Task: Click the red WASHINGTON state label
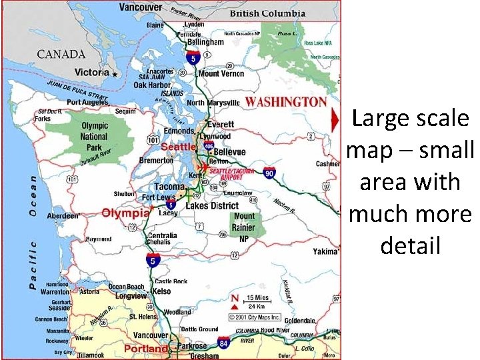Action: [285, 102]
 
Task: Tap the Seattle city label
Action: [178, 147]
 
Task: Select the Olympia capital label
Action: [125, 213]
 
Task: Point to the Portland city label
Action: [145, 349]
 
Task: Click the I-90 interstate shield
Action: [269, 173]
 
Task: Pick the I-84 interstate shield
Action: [224, 343]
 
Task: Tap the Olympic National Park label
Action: [94, 136]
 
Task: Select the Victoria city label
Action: [92, 72]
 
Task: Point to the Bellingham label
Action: [205, 42]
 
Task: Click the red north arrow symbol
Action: [235, 298]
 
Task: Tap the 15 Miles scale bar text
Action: [258, 297]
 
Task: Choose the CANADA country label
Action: [61, 54]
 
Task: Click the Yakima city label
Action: [325, 252]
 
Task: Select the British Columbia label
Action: [267, 13]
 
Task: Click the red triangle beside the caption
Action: [335, 120]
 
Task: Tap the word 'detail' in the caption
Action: [410, 246]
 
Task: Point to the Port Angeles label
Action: [87, 102]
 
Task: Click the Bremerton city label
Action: [156, 161]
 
